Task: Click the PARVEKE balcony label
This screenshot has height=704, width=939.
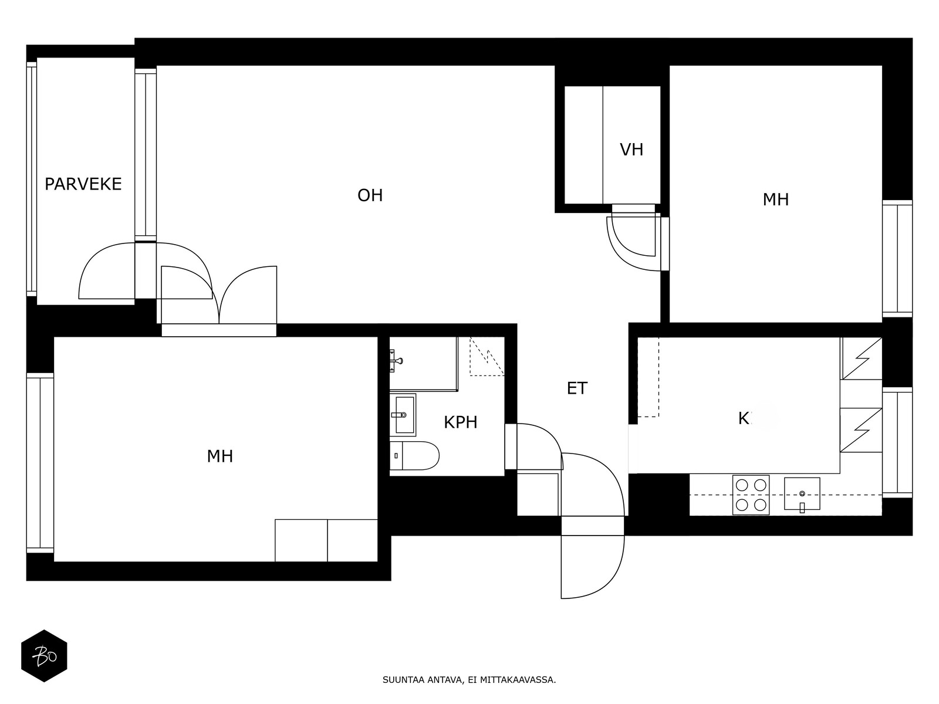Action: coord(83,184)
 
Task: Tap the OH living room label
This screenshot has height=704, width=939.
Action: coord(370,195)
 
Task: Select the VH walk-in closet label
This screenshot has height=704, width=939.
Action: coord(631,150)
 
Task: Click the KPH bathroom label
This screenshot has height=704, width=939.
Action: coord(460,422)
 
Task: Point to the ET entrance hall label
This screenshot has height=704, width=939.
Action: coord(577,388)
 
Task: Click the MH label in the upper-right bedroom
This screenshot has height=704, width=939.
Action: coord(775,200)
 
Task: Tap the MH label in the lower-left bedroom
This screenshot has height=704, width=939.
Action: coord(220,456)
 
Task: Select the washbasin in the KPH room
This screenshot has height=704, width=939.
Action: coord(403,415)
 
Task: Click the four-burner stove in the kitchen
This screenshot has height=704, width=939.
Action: coord(751,495)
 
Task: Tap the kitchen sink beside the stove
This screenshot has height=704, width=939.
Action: coord(802,493)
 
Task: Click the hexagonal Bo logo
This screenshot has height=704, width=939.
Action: coord(44,656)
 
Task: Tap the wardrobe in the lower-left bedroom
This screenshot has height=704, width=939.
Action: coord(326,540)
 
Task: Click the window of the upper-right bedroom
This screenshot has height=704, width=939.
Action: coord(897,259)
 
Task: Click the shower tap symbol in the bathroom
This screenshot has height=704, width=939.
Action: coord(396,360)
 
